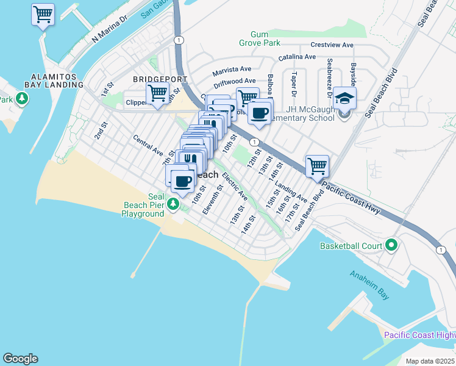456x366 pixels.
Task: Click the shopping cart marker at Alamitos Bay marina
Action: [x=43, y=15]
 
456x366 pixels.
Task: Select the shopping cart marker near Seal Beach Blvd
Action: [x=317, y=165]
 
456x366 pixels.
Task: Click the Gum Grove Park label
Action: [x=265, y=39]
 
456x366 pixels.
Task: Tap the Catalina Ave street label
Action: [x=297, y=57]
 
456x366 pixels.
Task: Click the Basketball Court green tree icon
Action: [x=391, y=246]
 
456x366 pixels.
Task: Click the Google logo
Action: [x=20, y=359]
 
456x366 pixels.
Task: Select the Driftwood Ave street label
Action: [x=235, y=81]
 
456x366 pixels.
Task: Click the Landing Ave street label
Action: [x=291, y=191]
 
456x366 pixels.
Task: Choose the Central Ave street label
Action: [x=148, y=144]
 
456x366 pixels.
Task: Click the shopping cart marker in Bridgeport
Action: [x=157, y=95]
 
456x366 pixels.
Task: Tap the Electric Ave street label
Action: [x=235, y=187]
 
